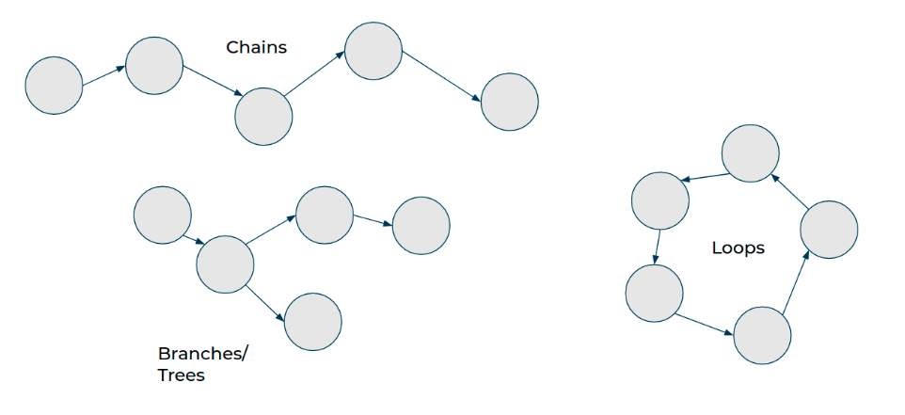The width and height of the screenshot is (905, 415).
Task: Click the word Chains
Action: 257,46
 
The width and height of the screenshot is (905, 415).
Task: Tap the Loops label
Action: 738,248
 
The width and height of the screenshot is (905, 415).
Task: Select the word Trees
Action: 182,375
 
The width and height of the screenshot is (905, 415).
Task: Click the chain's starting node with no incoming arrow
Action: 54,86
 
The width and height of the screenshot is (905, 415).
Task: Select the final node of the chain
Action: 510,102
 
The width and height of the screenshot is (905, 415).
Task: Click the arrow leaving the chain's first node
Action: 103,76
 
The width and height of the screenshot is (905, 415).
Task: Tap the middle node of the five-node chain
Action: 263,117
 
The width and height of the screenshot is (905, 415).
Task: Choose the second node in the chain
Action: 153,66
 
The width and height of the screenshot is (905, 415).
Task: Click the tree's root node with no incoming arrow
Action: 163,215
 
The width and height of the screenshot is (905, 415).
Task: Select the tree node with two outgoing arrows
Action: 225,263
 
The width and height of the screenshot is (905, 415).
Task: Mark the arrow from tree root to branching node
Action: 195,239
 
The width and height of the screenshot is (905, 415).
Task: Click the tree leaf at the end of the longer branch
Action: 421,226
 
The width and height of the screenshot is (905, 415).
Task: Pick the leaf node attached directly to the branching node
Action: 312,321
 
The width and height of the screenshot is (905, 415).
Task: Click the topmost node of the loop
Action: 750,152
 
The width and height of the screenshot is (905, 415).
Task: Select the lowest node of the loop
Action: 762,335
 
